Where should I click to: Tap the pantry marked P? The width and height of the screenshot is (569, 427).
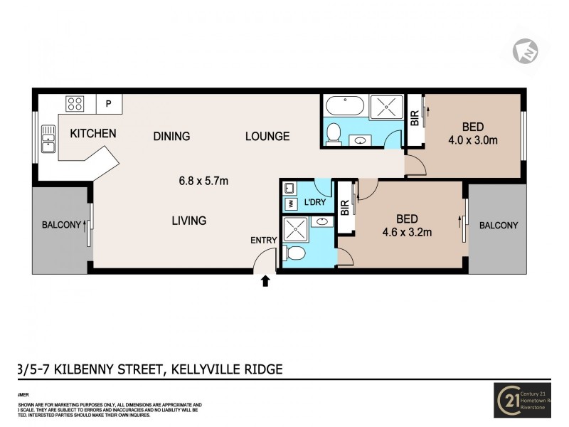click(108, 104)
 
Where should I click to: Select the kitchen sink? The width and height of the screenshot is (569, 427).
click(49, 139)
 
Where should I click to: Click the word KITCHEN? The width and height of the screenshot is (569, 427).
click(92, 133)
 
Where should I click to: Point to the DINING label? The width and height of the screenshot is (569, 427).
click(171, 136)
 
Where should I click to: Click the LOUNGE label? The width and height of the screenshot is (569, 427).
click(267, 136)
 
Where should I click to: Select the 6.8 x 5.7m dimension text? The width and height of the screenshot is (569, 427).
click(203, 181)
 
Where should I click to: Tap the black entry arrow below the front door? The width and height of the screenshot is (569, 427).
click(265, 281)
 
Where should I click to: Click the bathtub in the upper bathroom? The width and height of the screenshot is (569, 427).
click(345, 107)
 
